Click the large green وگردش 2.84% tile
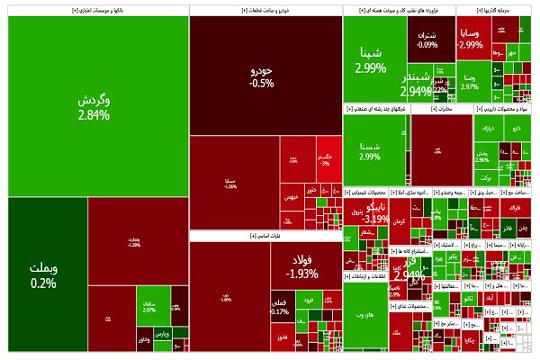pyautogui.click(x=94, y=106)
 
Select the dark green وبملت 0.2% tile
pyautogui.click(x=43, y=274)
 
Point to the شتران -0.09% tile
pyautogui.click(x=427, y=40)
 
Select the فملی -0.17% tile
pyautogui.click(x=280, y=307)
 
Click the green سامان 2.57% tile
pyautogui.click(x=149, y=307)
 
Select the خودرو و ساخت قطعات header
pyautogui.click(x=265, y=10)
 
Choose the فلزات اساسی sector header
pyautogui.click(x=265, y=236)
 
